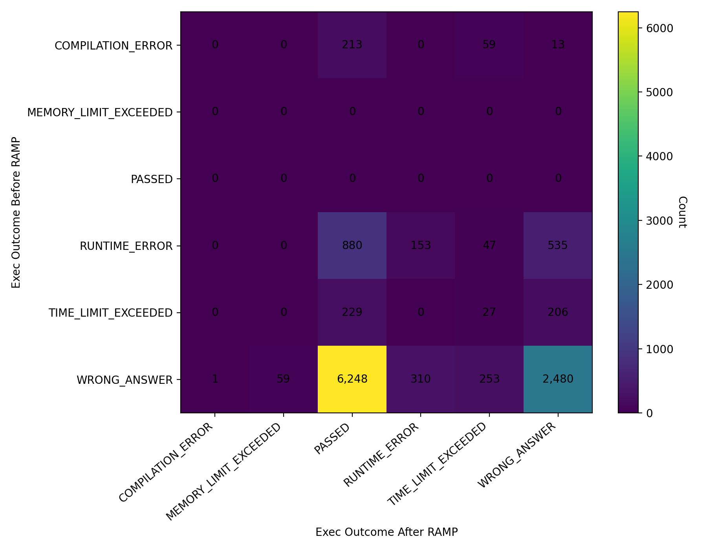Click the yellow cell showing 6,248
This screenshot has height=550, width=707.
(352, 379)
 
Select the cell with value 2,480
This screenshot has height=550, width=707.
(558, 379)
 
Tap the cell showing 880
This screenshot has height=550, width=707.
(352, 246)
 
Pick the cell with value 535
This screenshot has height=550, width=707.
(558, 246)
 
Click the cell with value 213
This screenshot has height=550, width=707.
(352, 45)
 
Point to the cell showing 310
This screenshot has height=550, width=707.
(421, 379)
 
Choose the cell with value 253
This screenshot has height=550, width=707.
(489, 379)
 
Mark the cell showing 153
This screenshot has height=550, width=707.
(421, 246)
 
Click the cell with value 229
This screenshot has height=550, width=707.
(352, 312)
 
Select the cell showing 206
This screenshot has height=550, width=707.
(558, 312)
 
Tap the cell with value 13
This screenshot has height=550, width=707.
(558, 45)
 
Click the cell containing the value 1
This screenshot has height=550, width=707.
(215, 379)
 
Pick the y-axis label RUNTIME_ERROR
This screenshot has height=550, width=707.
(126, 246)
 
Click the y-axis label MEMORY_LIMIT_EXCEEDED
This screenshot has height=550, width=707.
(100, 113)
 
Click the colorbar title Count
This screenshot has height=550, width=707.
(682, 212)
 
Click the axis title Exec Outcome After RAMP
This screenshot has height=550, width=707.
(386, 532)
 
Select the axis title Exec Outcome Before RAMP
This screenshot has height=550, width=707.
(16, 212)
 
